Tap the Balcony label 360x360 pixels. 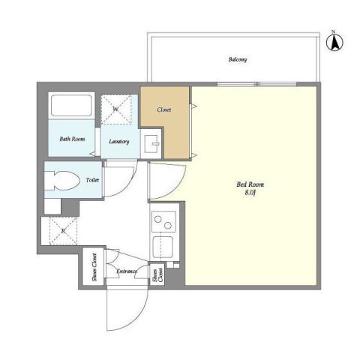click(237, 59)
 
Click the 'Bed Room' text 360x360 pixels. click(250, 184)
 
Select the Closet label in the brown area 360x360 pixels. click(164, 109)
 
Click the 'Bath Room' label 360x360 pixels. click(71, 139)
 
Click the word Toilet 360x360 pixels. click(92, 180)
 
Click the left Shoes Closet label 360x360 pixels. click(94, 268)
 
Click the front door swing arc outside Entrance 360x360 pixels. click(124, 311)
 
